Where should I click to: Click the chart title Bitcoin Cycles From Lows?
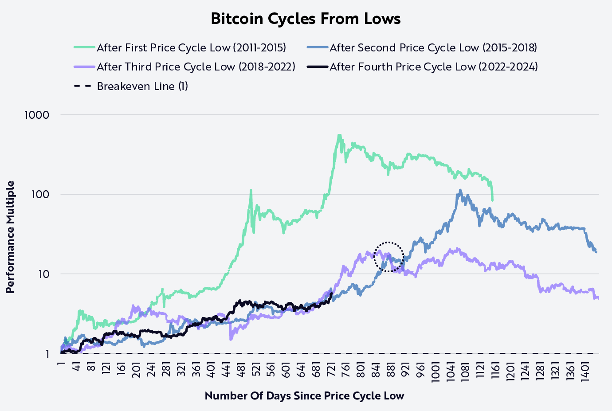pos(306,19)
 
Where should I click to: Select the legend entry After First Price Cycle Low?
pos(191,48)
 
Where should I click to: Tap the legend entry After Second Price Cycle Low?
pos(433,48)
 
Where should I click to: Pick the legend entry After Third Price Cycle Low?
pos(196,67)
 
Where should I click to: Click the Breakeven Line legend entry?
pos(142,86)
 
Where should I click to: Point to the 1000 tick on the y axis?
pos(37,115)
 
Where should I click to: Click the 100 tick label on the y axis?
pos(39,194)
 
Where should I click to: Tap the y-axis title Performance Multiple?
pos(10,237)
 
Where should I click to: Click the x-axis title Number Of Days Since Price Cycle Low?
pos(304,395)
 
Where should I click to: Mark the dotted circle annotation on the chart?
pos(389,257)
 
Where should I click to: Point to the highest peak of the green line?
pos(339,135)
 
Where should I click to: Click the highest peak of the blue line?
pos(460,190)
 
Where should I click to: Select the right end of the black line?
pos(332,293)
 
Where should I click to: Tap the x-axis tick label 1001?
pos(435,370)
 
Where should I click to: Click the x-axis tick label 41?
pos(76,368)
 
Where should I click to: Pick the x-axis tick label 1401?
pos(585,370)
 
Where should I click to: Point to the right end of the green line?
pos(492,200)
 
